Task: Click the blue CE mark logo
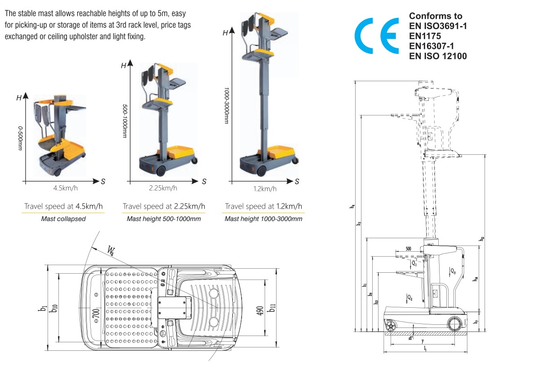(377, 36)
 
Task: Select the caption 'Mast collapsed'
(63, 219)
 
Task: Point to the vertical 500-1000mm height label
(124, 122)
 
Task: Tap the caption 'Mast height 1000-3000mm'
(263, 219)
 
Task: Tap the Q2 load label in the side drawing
(409, 297)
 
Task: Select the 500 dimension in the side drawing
(408, 249)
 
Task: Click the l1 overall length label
(425, 349)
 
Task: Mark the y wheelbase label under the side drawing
(423, 341)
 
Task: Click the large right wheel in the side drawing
(454, 323)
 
